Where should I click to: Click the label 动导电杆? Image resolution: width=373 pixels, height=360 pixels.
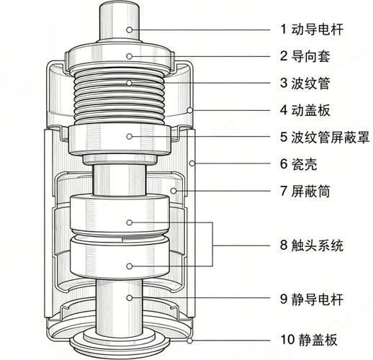point(318,30)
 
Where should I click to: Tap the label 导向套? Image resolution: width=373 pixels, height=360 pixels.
point(310,56)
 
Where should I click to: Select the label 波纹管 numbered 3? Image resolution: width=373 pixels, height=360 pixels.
point(310,83)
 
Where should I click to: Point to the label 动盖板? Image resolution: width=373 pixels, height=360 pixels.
point(310,110)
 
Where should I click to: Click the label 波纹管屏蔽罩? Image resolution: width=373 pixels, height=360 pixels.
point(331,137)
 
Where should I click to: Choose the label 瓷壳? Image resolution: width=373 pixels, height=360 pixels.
point(304,164)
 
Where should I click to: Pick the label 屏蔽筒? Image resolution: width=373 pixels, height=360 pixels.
point(310,191)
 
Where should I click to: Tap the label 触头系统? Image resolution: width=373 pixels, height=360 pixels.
point(318,245)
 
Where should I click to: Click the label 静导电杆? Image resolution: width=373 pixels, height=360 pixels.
point(318,299)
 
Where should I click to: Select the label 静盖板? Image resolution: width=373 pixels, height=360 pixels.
point(318,340)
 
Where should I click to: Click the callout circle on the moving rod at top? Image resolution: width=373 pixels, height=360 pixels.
point(130,30)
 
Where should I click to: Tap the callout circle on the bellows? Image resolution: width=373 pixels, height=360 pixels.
point(130,83)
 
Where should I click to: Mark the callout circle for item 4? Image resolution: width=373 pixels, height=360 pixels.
point(190,110)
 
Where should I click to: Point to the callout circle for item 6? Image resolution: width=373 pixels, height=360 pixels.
point(192,163)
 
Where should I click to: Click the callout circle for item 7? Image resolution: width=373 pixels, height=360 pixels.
point(174,191)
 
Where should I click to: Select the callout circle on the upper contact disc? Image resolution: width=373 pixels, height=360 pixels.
point(130,222)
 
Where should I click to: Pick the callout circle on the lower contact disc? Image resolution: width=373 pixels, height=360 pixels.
point(130,266)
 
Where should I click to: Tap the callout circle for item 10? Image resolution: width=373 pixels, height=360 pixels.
point(190,341)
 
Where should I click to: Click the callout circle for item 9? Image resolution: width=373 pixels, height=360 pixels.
point(130,298)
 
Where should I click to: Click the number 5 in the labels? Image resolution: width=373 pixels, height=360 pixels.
point(284,137)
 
